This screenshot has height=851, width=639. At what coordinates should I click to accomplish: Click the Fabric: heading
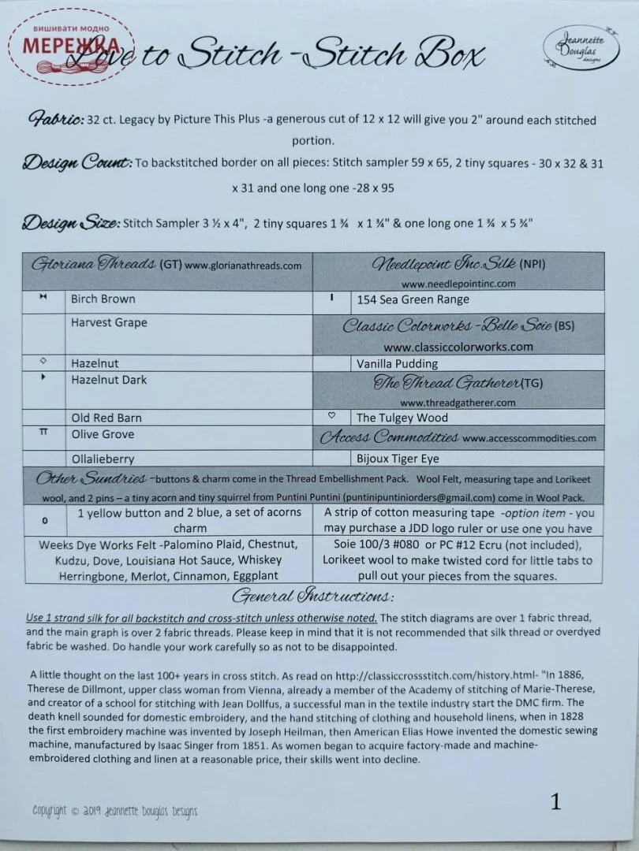click(57, 120)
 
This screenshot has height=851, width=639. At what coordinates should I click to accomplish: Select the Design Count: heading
click(77, 163)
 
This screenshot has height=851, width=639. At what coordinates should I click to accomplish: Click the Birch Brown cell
click(103, 299)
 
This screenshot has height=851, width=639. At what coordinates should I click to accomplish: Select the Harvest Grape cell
click(109, 323)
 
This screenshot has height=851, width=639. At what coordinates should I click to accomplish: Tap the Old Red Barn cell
click(106, 418)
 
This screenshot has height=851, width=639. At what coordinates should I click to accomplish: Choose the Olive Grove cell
click(103, 434)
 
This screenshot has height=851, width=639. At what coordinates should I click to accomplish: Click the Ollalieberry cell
click(103, 459)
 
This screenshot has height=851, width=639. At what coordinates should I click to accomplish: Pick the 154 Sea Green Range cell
click(413, 299)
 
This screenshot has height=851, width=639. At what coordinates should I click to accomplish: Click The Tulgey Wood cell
click(402, 418)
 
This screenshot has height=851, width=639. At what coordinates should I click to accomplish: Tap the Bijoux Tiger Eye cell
click(398, 459)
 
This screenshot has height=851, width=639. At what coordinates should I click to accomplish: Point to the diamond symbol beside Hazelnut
click(43, 361)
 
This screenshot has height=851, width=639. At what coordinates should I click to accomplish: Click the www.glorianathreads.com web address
click(244, 266)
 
